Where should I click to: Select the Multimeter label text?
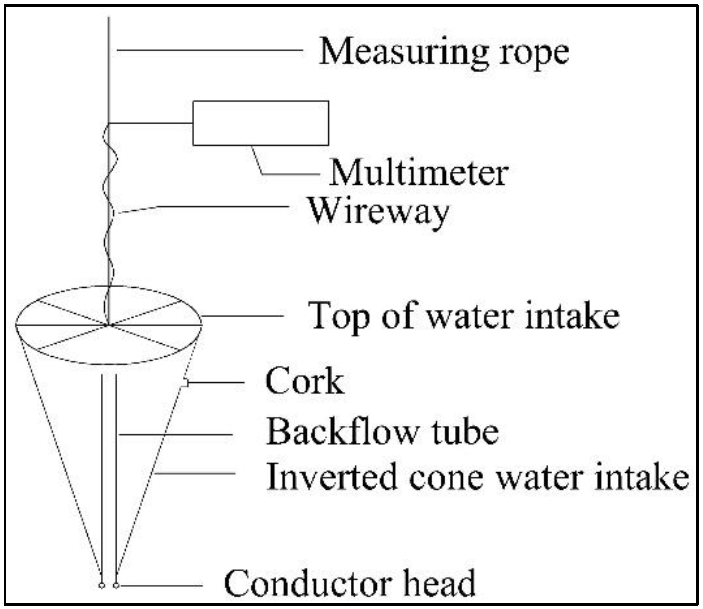(x=418, y=174)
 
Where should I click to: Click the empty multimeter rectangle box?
(x=261, y=123)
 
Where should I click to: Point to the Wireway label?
(x=378, y=212)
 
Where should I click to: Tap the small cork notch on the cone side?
(x=185, y=383)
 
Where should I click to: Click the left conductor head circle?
(x=102, y=586)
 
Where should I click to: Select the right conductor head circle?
(x=116, y=586)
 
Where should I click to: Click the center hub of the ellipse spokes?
(x=108, y=325)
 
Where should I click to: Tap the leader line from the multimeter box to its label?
(x=291, y=174)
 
